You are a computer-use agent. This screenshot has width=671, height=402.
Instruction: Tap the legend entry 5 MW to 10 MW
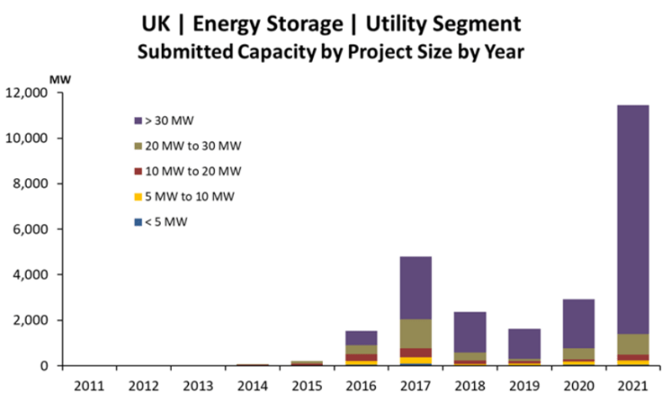coord(188,197)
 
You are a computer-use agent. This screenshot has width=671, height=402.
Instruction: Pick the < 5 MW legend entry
coord(167,223)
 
